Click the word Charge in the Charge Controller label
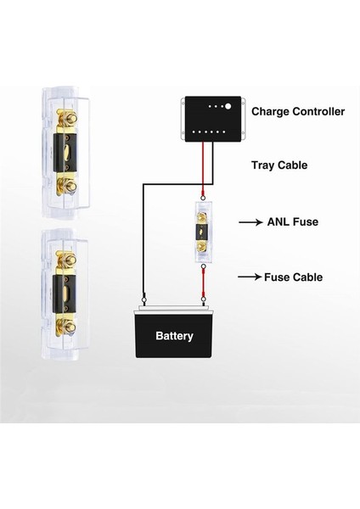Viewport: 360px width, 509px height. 272,111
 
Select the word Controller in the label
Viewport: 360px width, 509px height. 318,111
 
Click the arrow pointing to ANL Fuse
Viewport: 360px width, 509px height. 252,222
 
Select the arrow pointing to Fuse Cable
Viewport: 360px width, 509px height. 252,277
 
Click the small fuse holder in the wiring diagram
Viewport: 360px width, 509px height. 204,237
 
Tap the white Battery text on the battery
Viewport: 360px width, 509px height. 174,336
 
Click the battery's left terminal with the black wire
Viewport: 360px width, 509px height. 144,298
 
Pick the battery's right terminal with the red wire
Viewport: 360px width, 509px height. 204,298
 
